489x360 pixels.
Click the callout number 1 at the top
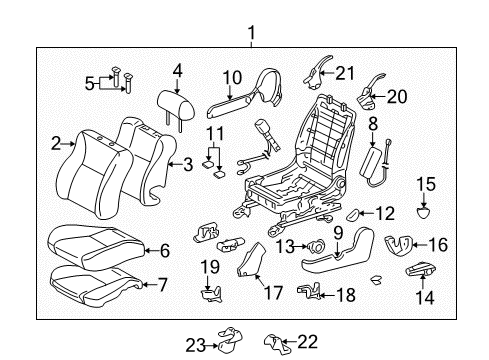[x=250, y=33]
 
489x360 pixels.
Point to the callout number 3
[x=187, y=166]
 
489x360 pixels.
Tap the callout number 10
[x=231, y=77]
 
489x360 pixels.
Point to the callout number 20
[x=399, y=97]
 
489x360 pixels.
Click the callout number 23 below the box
[x=198, y=345]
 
